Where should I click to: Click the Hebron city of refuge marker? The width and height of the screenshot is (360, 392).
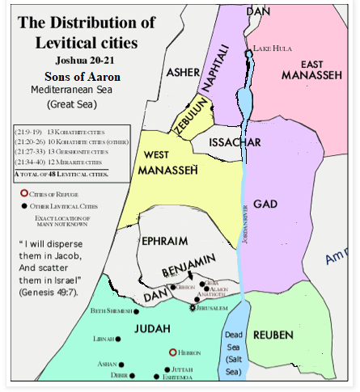click(172, 352)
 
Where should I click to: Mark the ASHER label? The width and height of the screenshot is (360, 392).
click(183, 73)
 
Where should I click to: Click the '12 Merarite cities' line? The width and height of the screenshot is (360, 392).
click(59, 162)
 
